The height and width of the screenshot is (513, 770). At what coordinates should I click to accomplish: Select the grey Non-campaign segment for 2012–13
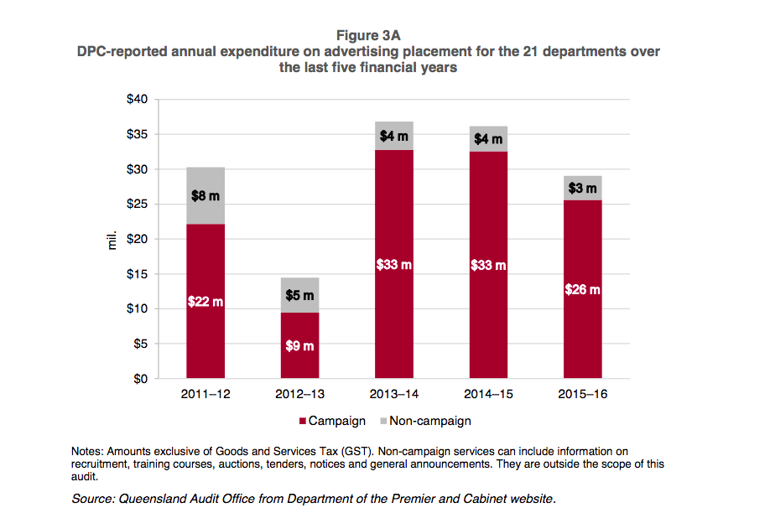[x=299, y=285]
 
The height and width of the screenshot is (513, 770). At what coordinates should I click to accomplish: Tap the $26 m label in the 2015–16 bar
[x=582, y=290]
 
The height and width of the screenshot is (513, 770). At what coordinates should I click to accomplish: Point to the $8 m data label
[x=206, y=195]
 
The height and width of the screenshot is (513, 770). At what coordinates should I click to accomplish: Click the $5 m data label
[x=299, y=295]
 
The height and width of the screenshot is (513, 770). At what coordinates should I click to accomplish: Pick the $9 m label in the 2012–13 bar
[x=299, y=345]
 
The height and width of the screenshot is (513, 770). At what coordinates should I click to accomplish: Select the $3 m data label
[x=582, y=189]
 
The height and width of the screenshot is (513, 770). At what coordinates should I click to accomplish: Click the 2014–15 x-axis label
[x=488, y=394]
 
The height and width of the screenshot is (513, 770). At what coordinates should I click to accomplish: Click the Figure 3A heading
[x=368, y=35]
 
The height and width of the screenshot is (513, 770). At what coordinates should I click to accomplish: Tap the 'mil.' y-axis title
[x=110, y=240]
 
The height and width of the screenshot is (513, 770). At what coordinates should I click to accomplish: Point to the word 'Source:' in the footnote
[x=96, y=499]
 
